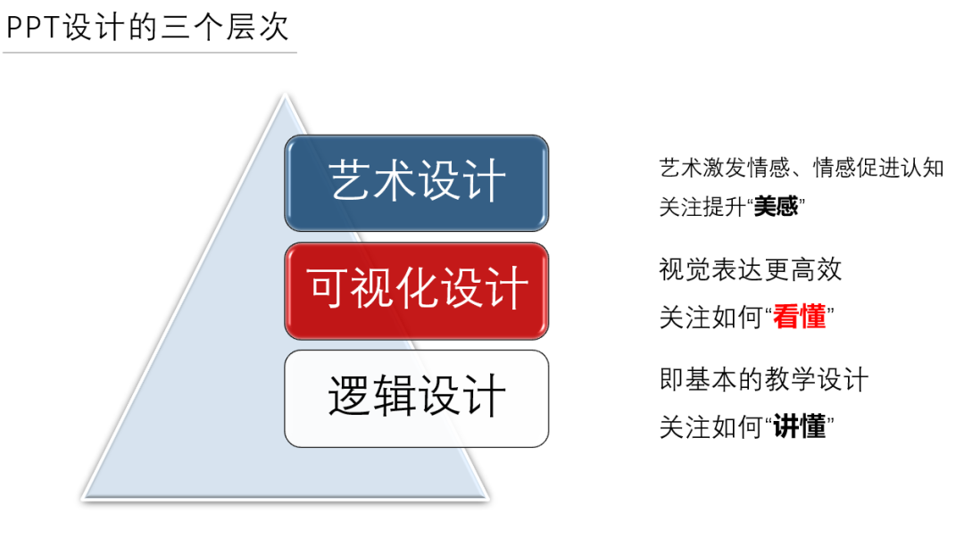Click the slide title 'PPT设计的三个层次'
(148, 27)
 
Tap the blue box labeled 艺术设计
(416, 182)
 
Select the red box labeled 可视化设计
(416, 290)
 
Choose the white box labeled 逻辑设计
(416, 398)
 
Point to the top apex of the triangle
(285, 96)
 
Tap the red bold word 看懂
(800, 317)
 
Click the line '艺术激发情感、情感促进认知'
(801, 168)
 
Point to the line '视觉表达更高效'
(750, 269)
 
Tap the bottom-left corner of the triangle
(86, 496)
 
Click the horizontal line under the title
(149, 53)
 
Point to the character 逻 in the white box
(350, 398)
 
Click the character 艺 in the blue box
(350, 182)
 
